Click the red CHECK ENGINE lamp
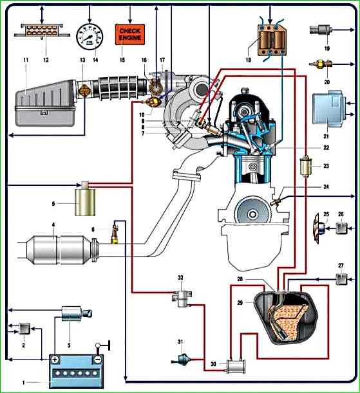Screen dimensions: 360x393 coord(130,34)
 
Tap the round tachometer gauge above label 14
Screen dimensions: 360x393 coord(90,37)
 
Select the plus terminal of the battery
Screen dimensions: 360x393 coord(55,360)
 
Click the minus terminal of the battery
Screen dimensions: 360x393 coord(98,360)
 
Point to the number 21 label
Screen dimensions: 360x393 coord(326,136)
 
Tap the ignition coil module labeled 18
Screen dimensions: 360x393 coord(272,40)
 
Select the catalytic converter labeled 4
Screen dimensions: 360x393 coord(59,250)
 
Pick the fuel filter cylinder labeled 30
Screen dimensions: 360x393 coord(236,367)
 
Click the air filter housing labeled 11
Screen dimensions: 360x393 coord(46,104)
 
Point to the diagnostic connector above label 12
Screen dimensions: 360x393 coord(42,30)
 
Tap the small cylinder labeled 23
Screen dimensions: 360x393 coord(305,166)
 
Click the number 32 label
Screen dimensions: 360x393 coord(180,277)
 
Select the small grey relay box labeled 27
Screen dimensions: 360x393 coord(341,279)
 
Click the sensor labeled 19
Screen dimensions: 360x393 coord(321,30)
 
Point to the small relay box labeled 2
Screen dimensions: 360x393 coord(24,329)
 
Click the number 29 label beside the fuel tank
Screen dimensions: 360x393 coord(240,302)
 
